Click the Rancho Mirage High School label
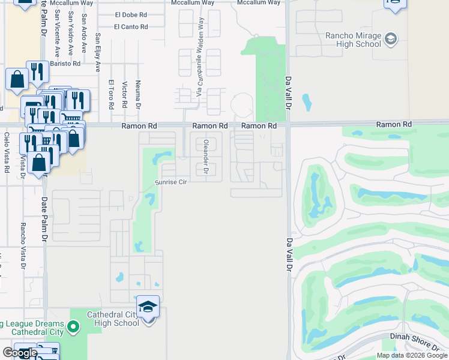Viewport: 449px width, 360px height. (x=353, y=40)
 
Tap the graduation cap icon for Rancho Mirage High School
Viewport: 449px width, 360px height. (x=391, y=40)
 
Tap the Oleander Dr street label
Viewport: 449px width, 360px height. (x=206, y=158)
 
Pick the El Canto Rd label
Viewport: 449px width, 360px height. (x=131, y=26)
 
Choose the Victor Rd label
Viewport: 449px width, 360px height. (x=124, y=94)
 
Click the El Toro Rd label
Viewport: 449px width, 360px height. (x=111, y=94)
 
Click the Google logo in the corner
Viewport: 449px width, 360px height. (x=19, y=353)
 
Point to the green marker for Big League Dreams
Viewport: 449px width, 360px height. (x=73, y=328)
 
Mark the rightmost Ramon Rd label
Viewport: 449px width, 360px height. (x=394, y=124)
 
